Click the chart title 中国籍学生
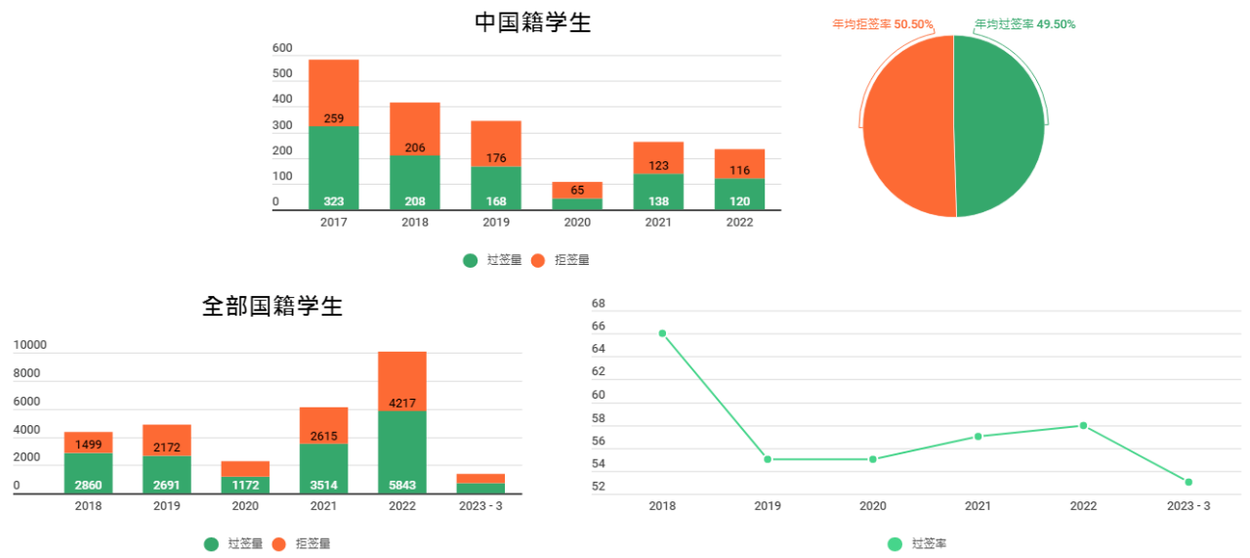[532, 22]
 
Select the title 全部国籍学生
[272, 306]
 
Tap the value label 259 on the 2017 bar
[334, 118]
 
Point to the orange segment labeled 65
[577, 190]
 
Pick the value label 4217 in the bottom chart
[402, 401]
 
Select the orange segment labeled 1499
[89, 444]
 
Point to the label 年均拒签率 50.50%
[883, 23]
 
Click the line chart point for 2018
[662, 333]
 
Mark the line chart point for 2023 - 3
[1188, 482]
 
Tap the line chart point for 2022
[1083, 425]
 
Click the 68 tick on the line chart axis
[599, 303]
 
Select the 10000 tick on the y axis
[29, 345]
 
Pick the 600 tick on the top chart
[282, 48]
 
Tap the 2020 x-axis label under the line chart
[872, 506]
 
